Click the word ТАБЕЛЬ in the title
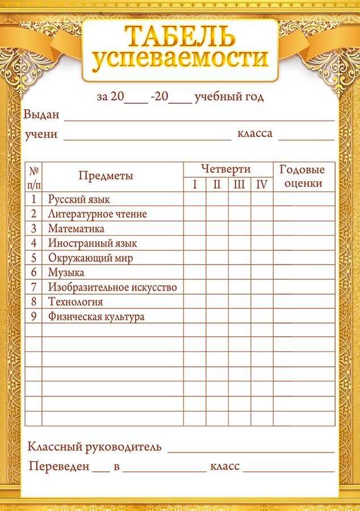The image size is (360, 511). tap(179, 36)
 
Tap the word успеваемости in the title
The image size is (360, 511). tap(179, 59)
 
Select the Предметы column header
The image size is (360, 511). tap(106, 176)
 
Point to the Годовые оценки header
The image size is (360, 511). tap(303, 176)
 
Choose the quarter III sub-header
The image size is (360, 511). tap(239, 184)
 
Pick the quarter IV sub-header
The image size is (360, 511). tap(261, 184)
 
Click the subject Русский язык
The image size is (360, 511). tap(79, 199)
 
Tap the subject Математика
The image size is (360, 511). tap(76, 229)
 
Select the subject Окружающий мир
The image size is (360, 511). tap(90, 258)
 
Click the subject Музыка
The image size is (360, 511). tap(66, 273)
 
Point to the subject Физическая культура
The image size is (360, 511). tap(96, 317)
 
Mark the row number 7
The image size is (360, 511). tap(34, 287)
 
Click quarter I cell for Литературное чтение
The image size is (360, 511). tap(195, 214)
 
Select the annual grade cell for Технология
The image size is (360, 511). tap(304, 302)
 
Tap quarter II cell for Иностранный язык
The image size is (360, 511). tap(217, 244)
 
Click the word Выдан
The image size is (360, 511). tap(41, 115)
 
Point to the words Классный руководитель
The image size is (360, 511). tap(94, 447)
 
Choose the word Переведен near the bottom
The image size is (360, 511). tap(59, 467)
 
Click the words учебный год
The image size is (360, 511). tap(229, 97)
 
